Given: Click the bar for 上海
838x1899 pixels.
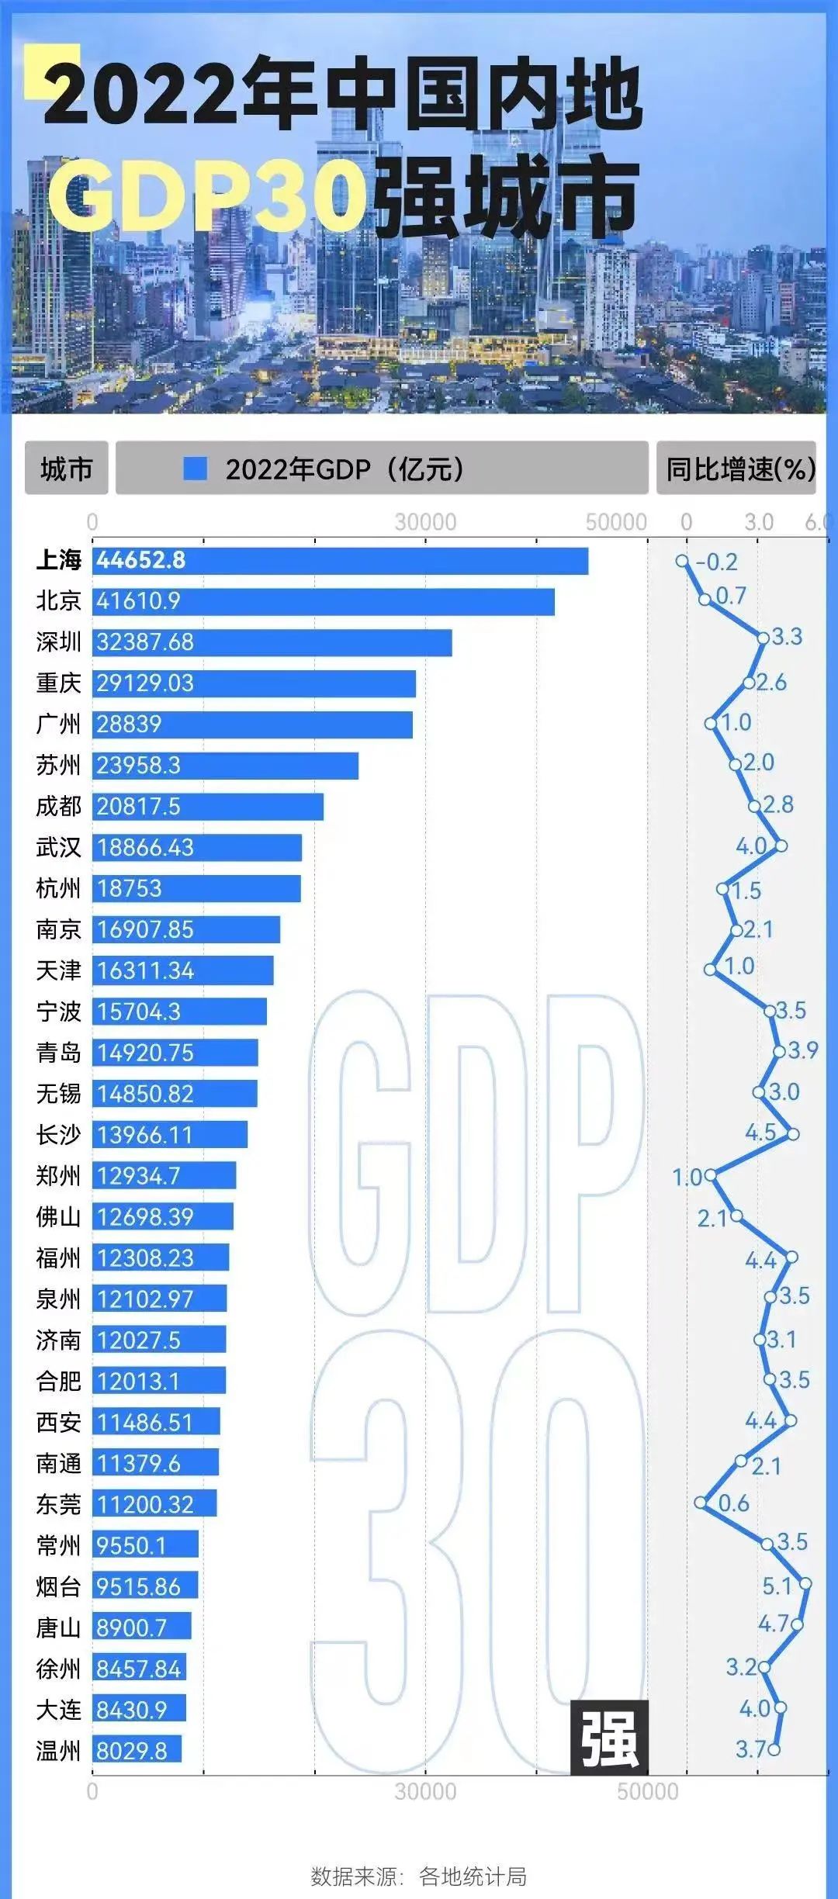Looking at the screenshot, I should [x=340, y=561].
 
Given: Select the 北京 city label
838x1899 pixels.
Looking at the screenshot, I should [x=58, y=600].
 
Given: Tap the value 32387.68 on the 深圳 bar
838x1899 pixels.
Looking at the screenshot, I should [x=145, y=642].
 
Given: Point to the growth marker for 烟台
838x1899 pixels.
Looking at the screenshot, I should [x=805, y=1583].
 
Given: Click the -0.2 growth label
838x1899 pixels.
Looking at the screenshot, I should [x=716, y=562].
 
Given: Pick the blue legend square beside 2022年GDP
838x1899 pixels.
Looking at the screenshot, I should [x=195, y=469].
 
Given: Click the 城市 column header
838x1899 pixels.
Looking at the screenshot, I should [x=67, y=469].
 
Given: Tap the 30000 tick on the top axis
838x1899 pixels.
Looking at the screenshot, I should [x=425, y=522].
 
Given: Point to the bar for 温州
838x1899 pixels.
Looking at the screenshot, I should [x=137, y=1751].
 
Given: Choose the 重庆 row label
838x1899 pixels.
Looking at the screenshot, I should [x=58, y=683].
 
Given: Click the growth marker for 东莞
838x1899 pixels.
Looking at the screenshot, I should [x=701, y=1503].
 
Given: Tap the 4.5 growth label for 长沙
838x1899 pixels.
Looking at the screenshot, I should [x=760, y=1132].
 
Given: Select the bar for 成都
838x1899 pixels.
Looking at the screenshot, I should [x=208, y=807].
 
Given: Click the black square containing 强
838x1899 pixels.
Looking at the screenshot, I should [x=609, y=1738].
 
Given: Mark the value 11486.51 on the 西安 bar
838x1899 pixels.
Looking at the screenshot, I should [x=145, y=1422].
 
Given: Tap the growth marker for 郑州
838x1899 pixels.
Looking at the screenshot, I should [x=710, y=1175].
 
